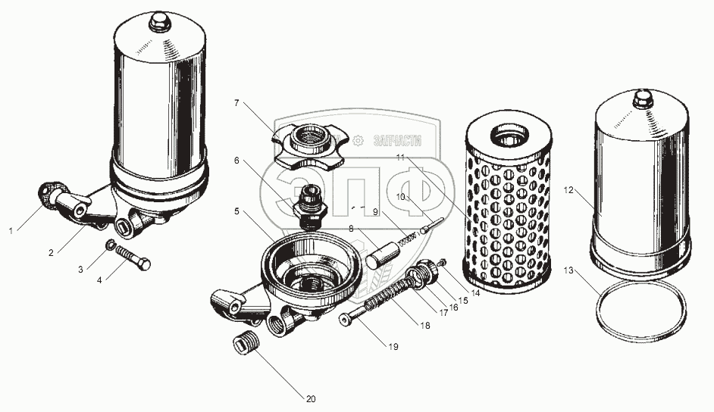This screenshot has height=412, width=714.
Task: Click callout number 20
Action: coord(311,399)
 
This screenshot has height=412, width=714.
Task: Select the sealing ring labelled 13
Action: coord(640,311)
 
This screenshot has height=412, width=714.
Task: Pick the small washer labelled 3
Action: coord(109,245)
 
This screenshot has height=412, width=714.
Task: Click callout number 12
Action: coord(568,191)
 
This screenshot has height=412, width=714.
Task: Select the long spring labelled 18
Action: coord(390,293)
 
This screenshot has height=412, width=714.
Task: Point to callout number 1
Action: coord(11,232)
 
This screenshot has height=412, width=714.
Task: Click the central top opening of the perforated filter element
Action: coord(509,136)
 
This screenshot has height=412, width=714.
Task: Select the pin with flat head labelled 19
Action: coord(352,315)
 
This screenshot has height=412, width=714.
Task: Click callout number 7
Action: coord(236,103)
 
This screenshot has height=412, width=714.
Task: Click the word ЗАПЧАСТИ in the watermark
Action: coord(397,141)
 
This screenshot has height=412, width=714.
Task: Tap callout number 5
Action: coord(236,211)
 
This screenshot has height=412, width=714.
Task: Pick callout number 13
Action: coord(568,270)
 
